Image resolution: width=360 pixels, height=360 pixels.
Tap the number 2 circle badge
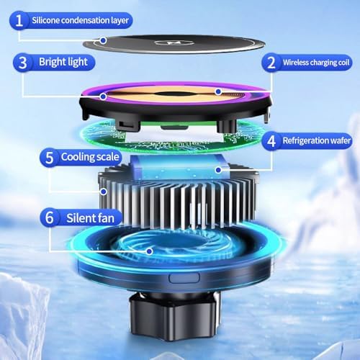pos(271,63)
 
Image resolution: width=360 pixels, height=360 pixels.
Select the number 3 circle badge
pos(24,62)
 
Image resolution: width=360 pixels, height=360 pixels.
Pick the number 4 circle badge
pos(271,140)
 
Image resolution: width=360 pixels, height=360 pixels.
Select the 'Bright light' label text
pos(63,62)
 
